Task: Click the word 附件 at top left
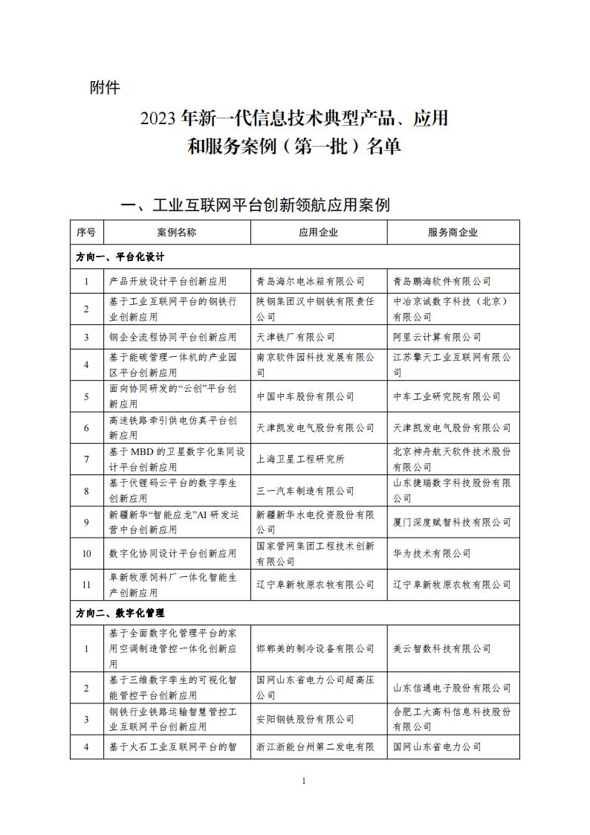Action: (104, 88)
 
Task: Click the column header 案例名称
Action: (177, 232)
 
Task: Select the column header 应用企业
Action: (318, 232)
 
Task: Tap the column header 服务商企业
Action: (453, 232)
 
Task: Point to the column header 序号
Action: (86, 232)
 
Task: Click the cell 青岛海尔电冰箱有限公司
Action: (310, 281)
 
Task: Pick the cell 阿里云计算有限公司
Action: (437, 337)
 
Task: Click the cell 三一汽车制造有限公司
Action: (305, 491)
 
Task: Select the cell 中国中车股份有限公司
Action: (305, 397)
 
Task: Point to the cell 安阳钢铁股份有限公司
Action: (305, 719)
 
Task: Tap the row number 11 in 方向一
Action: (86, 585)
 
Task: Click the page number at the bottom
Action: (305, 780)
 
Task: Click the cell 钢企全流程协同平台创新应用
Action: (172, 337)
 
